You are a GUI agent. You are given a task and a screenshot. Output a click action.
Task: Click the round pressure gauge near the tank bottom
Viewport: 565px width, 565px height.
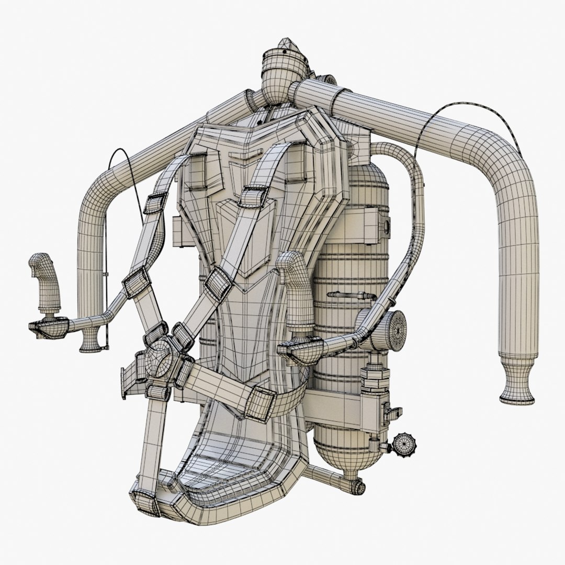point(402,444)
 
